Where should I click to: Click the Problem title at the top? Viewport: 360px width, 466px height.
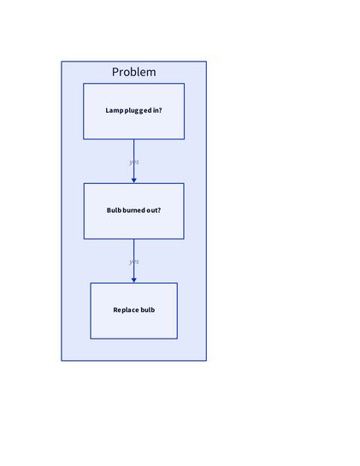133,72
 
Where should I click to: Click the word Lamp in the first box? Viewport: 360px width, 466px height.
114,110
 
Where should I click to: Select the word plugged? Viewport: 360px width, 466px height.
138,110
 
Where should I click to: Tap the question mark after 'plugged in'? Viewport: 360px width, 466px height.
160,110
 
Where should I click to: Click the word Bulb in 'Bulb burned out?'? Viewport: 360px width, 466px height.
114,210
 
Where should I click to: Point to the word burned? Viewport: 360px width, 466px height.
135,210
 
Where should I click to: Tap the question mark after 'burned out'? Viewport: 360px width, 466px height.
159,210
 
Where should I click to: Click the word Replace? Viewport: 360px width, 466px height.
126,310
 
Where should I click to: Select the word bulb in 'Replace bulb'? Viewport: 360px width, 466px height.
147,310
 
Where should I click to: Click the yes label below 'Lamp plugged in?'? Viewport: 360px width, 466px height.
133,162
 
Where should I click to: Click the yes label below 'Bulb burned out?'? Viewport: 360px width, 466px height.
133,262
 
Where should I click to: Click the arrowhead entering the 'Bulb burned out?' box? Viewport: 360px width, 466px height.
133,179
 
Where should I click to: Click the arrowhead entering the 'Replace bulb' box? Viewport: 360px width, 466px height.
133,279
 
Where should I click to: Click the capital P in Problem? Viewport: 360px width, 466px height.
115,72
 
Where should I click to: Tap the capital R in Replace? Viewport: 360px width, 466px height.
115,310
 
